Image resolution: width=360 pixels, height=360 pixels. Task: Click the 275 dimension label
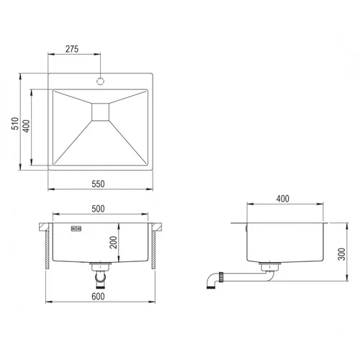pos(72,49)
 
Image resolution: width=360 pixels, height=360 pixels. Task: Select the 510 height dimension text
pos(15,124)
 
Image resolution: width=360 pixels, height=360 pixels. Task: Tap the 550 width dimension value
pos(98,184)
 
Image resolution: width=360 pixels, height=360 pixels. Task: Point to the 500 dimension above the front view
pos(98,209)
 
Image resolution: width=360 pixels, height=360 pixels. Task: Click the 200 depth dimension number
pos(113,243)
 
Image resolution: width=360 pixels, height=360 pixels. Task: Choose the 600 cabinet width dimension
pos(98,297)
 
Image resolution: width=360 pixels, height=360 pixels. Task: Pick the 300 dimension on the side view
pos(341,254)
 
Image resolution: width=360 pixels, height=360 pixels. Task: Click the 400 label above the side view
pos(283,199)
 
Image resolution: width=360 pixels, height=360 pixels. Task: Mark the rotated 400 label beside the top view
pos(27,126)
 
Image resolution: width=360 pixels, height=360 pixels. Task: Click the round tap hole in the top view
pos(100,81)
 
